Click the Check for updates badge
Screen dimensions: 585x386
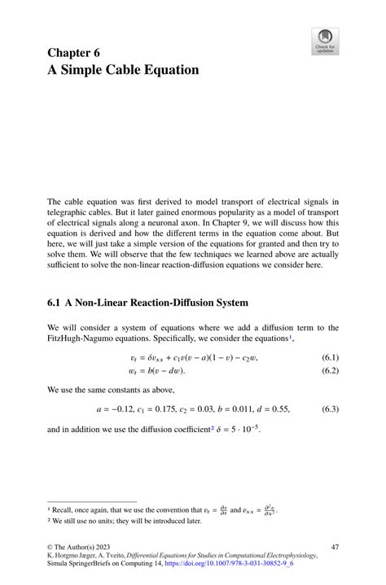326,41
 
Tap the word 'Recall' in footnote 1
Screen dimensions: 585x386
64,509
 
